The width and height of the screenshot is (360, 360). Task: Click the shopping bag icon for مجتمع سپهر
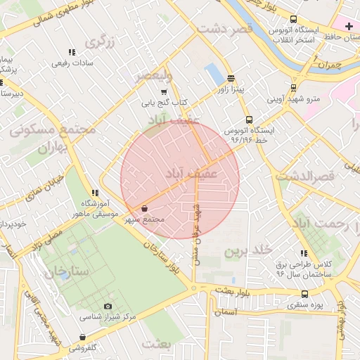click(x=144, y=209)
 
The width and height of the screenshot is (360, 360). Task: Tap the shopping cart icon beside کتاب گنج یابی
click(x=164, y=91)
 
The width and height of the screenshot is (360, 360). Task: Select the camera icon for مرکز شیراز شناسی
click(x=108, y=306)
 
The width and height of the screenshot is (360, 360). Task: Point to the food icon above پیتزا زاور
click(x=231, y=78)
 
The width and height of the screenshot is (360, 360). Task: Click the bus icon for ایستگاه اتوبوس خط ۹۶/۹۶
click(x=248, y=120)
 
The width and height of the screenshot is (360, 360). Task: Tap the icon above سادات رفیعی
click(x=72, y=52)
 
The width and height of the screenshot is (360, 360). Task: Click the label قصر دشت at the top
click(x=225, y=29)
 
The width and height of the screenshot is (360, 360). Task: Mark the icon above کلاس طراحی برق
click(x=304, y=254)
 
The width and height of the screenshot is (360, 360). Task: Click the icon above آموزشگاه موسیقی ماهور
click(x=95, y=193)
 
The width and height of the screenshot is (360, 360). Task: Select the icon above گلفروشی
click(x=83, y=337)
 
